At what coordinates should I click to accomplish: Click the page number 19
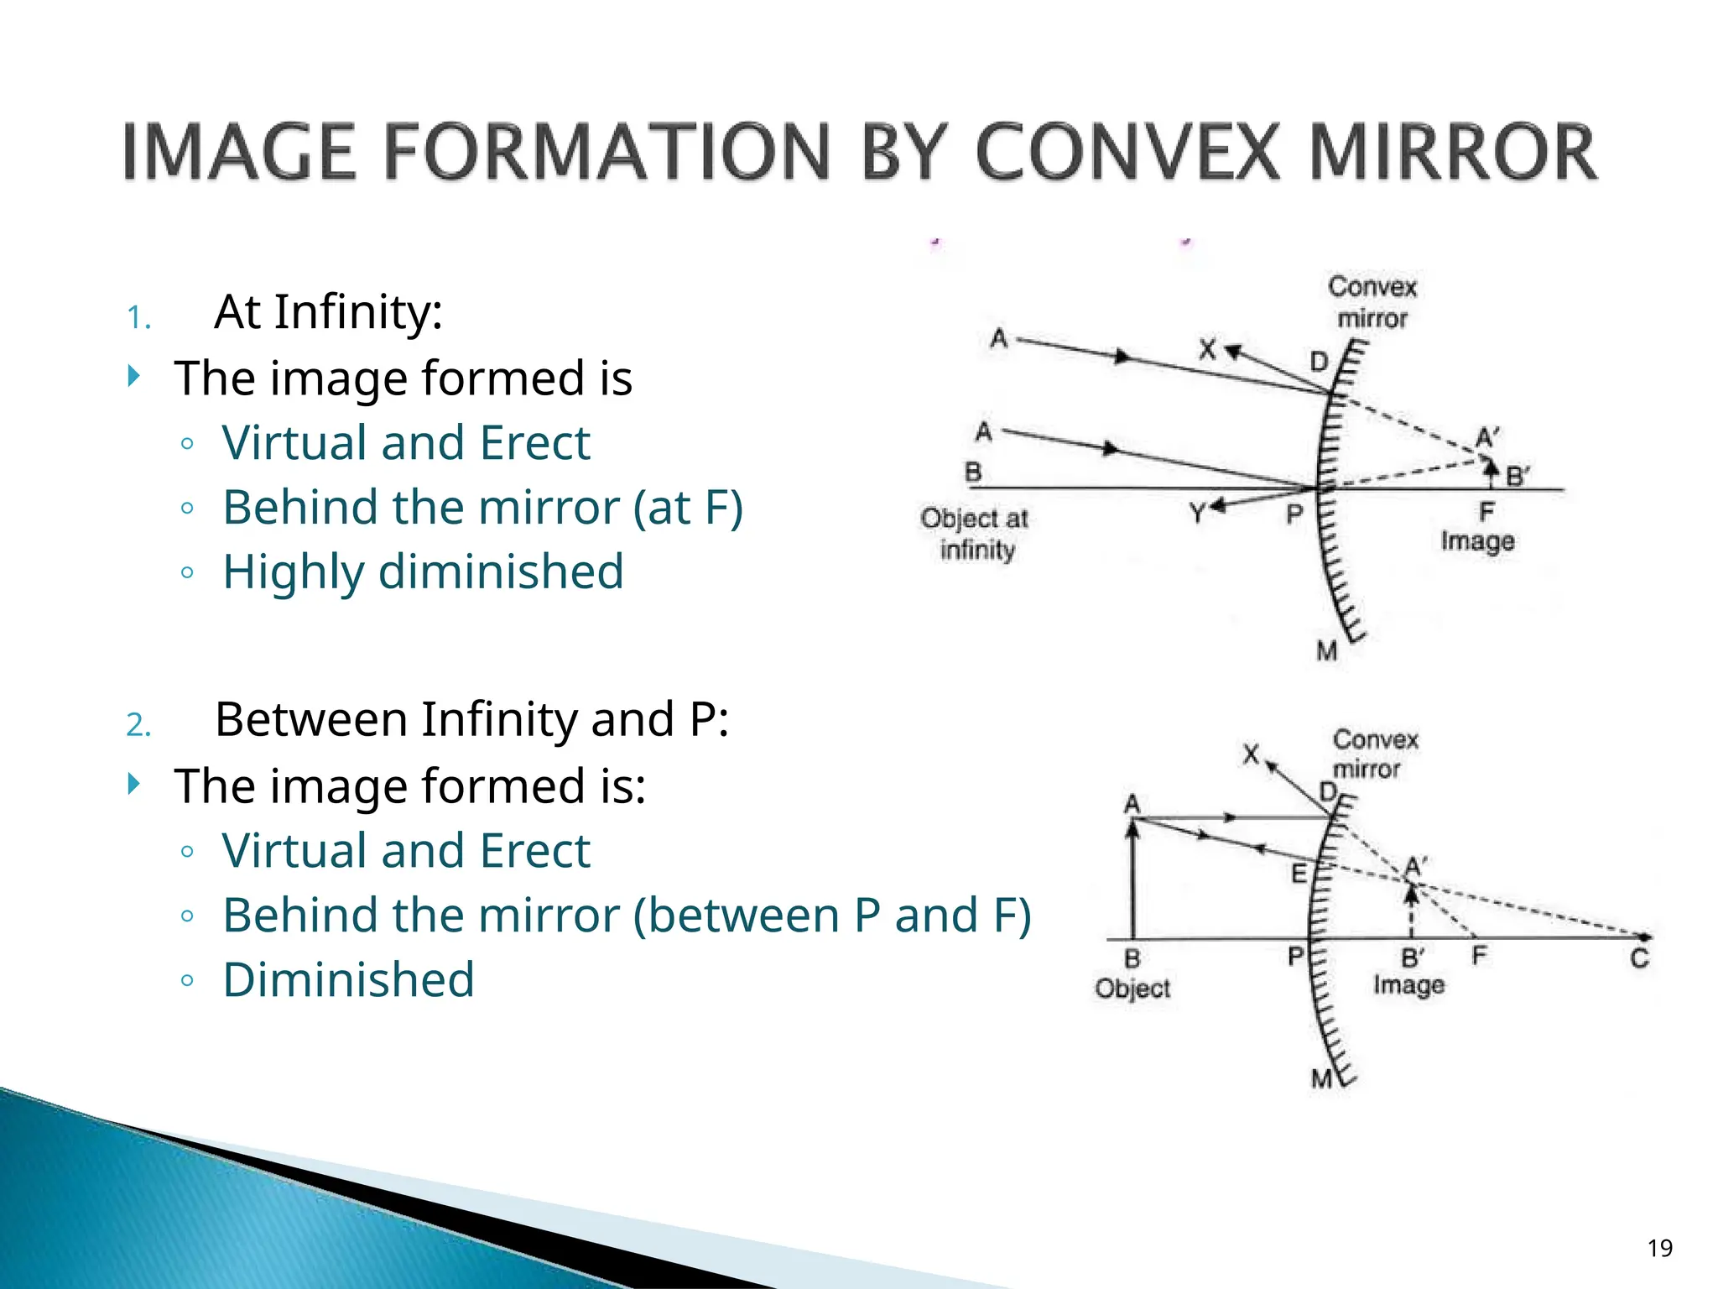coord(1659,1249)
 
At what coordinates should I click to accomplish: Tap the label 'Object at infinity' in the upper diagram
coord(975,534)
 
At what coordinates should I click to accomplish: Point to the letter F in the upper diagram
coord(1486,511)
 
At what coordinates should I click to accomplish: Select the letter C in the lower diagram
coord(1639,958)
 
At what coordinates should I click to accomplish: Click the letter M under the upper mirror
coord(1326,651)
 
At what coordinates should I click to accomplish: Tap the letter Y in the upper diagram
coord(1197,513)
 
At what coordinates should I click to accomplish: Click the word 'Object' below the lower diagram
coord(1132,989)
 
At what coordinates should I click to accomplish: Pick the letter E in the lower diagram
coord(1299,874)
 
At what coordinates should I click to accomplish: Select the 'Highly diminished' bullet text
coord(423,571)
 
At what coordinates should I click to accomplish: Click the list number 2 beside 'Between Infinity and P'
coord(138,725)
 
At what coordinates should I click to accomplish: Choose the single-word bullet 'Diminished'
coord(348,979)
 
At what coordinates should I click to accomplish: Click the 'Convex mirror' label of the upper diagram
coord(1372,302)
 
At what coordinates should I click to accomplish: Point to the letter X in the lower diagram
coord(1251,754)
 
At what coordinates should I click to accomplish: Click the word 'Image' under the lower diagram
coord(1408,985)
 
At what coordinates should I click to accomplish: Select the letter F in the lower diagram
coord(1479,955)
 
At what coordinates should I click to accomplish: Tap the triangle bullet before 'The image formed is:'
coord(133,784)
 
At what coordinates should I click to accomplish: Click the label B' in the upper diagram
coord(1517,477)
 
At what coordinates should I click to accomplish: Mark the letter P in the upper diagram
coord(1294,514)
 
